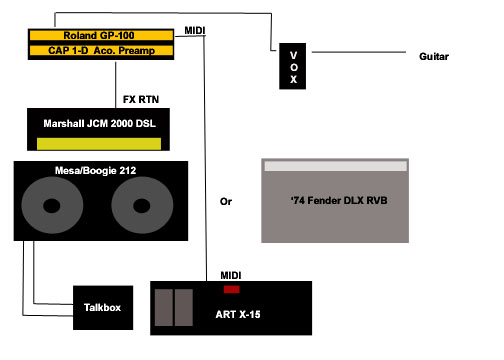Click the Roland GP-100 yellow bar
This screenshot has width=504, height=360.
pyautogui.click(x=101, y=35)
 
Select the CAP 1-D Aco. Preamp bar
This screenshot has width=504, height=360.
pyautogui.click(x=101, y=50)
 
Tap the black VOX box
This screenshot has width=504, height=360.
pyautogui.click(x=292, y=66)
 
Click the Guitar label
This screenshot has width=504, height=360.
pyautogui.click(x=434, y=56)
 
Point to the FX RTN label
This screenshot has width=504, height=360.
pyautogui.click(x=141, y=99)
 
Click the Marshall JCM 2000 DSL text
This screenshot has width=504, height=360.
pyautogui.click(x=99, y=124)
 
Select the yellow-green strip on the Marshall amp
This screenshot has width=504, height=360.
pyautogui.click(x=99, y=144)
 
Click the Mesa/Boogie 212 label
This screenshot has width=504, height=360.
pyautogui.click(x=96, y=171)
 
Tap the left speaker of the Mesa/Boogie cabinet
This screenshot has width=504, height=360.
pyautogui.click(x=52, y=205)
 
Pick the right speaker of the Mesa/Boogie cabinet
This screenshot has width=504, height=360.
pyautogui.click(x=142, y=205)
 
